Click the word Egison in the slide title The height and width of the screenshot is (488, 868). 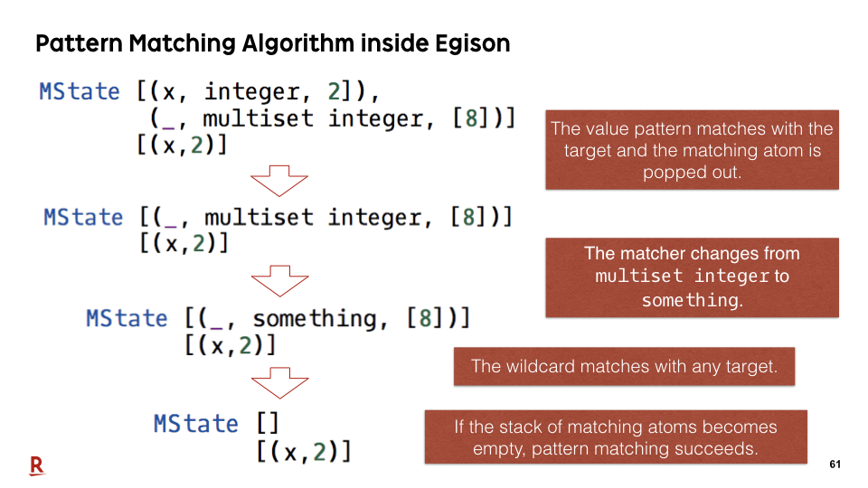(x=472, y=43)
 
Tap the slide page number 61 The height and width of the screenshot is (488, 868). (x=835, y=465)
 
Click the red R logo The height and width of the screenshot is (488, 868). (x=37, y=466)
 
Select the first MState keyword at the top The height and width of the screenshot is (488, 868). (x=80, y=91)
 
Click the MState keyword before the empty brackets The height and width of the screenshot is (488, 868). (x=195, y=424)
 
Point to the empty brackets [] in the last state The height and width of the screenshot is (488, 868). (x=268, y=425)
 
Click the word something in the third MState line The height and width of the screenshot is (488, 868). (x=315, y=319)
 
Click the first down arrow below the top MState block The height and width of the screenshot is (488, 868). (x=279, y=181)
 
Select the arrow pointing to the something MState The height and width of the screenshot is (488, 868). (x=279, y=281)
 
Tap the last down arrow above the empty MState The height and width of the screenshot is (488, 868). (x=279, y=383)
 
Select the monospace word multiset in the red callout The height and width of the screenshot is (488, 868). (x=639, y=276)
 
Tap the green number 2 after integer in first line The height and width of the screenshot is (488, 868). (x=335, y=91)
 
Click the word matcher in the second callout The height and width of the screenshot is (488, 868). (x=656, y=253)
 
